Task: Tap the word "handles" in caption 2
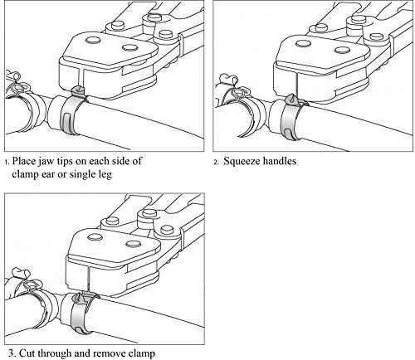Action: click(x=279, y=161)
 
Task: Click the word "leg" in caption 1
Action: click(x=105, y=175)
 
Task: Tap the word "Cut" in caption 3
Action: click(x=27, y=353)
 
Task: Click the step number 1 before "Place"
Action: click(x=7, y=162)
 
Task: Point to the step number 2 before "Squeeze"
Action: click(x=216, y=162)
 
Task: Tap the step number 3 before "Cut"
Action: click(x=11, y=353)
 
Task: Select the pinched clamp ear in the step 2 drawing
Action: click(x=290, y=100)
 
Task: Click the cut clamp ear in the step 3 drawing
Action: click(x=79, y=299)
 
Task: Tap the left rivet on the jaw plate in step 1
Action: click(x=93, y=40)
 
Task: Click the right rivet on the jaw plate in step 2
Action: click(x=342, y=50)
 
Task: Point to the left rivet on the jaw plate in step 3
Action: click(x=95, y=237)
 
